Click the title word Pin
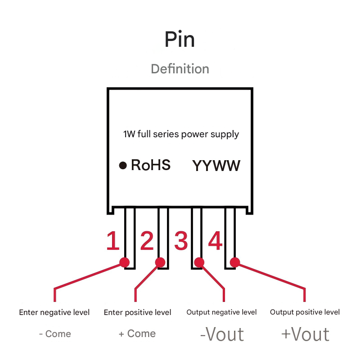[180, 40]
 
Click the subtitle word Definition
[180, 69]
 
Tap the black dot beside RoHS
[122, 166]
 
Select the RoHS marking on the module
[151, 165]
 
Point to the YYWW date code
[216, 166]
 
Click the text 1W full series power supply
[181, 134]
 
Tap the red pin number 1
[112, 241]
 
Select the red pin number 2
[147, 241]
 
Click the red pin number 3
[180, 241]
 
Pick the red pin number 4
[215, 241]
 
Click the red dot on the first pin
[125, 262]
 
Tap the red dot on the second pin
[160, 262]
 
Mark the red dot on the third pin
[199, 262]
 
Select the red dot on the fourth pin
[234, 262]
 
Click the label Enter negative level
[54, 312]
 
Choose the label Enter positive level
[137, 312]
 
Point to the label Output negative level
[221, 312]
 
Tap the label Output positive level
[305, 312]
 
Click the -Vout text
[221, 334]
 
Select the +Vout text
[305, 334]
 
